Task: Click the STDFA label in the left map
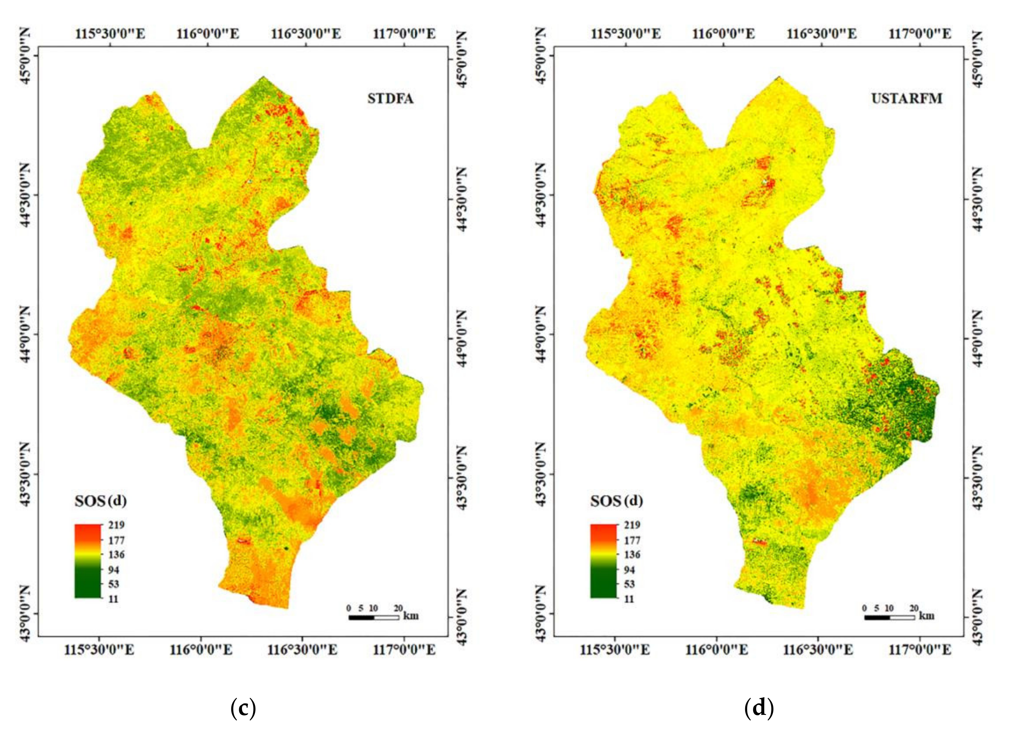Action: click(x=390, y=99)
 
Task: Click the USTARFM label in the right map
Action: click(x=906, y=99)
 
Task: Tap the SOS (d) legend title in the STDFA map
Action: click(x=101, y=502)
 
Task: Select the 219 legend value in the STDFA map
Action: click(x=117, y=525)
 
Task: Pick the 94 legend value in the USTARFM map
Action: click(x=629, y=570)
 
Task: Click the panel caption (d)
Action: click(x=759, y=708)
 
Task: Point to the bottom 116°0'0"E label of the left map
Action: click(x=201, y=650)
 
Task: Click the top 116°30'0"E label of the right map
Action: click(x=821, y=34)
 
